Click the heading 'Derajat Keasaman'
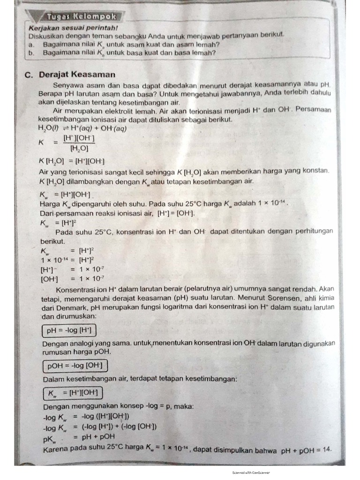click(x=77, y=74)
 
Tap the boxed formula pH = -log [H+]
click(x=69, y=331)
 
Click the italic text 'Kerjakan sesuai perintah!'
click(x=62, y=28)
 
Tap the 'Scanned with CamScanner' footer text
click(x=251, y=472)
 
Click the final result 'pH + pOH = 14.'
click(x=307, y=450)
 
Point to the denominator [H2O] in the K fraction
click(x=79, y=149)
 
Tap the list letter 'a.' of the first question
click(x=31, y=44)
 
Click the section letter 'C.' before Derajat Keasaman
click(x=29, y=74)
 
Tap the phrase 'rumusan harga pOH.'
click(x=77, y=352)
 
